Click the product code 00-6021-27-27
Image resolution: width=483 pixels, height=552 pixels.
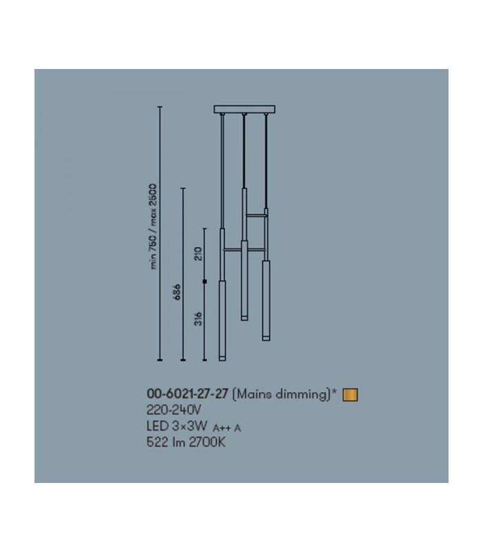click(187, 393)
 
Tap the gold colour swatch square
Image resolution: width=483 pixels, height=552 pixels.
click(351, 395)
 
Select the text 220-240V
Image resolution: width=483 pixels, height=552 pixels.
click(174, 410)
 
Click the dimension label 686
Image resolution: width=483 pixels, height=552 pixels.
click(178, 291)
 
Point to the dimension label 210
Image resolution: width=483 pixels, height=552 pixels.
click(199, 253)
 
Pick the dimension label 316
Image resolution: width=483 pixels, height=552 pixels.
click(199, 319)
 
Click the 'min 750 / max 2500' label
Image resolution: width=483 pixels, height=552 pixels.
click(153, 226)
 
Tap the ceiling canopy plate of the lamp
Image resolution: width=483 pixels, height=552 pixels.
click(245, 109)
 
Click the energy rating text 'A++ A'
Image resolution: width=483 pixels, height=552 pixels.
click(227, 428)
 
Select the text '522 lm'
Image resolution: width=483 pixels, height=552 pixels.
click(166, 442)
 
